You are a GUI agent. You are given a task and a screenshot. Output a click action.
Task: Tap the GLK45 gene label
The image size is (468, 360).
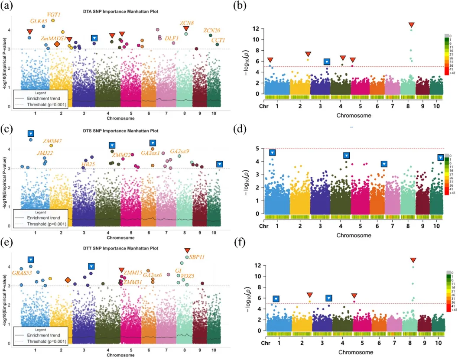[x=39, y=21]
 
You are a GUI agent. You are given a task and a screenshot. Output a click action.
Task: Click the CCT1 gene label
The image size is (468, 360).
[x=218, y=40]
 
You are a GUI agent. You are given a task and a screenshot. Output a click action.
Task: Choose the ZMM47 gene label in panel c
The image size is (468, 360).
[x=52, y=141]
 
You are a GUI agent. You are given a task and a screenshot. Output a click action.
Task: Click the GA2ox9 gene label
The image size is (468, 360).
[x=179, y=151]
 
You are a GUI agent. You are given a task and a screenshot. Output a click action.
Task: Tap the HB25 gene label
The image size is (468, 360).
[x=88, y=164]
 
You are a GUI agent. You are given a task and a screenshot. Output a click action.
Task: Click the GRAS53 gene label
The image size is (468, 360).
[x=20, y=273]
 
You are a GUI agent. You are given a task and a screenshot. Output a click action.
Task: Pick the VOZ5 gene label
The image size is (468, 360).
[x=188, y=276]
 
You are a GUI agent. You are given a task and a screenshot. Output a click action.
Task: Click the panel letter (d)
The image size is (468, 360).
[x=239, y=129]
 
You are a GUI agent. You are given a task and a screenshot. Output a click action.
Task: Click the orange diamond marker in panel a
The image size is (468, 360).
[x=57, y=44]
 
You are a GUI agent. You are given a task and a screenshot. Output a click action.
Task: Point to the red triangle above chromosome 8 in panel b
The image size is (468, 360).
[x=411, y=25]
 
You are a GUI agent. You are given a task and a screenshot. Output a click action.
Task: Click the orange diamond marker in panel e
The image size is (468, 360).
[x=68, y=280]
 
